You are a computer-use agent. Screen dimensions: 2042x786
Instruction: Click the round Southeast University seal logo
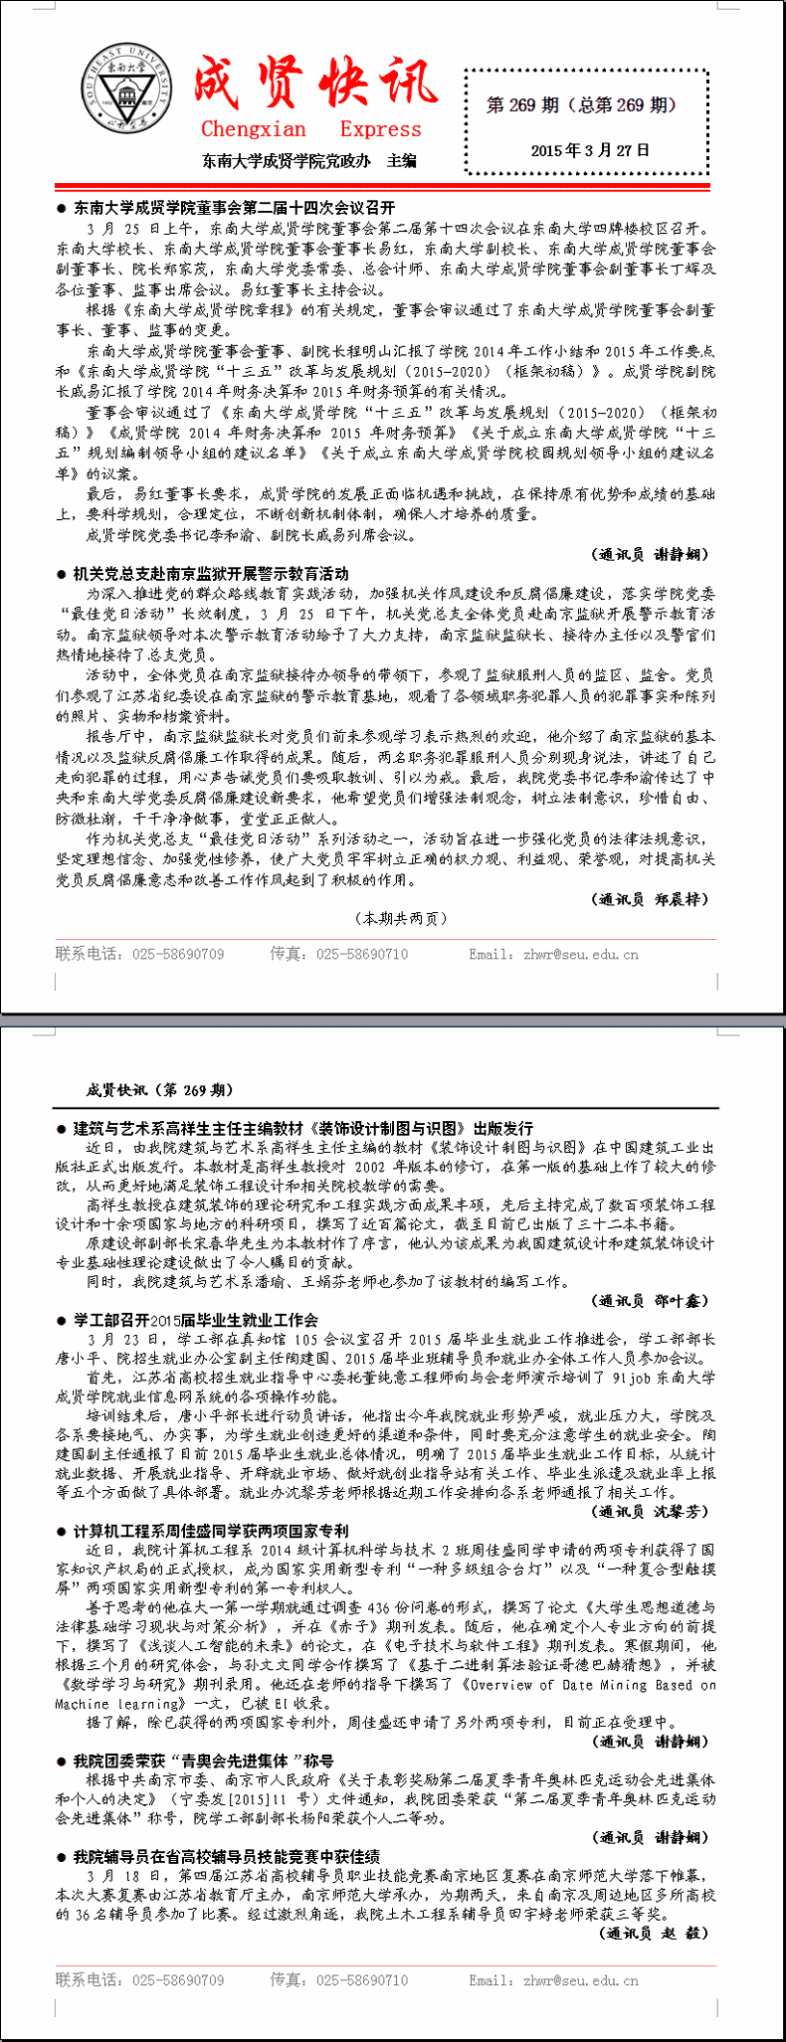tap(124, 92)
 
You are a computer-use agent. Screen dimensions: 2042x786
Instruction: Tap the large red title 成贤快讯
tap(314, 82)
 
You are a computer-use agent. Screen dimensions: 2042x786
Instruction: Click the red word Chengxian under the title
tap(254, 129)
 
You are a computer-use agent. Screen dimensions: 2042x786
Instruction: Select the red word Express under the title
tap(380, 129)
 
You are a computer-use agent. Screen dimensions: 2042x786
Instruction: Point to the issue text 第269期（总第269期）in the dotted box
tap(581, 104)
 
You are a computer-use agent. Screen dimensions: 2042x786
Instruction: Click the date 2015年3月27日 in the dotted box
tap(590, 150)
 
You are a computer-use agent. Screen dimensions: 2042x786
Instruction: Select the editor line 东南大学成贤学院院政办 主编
tap(309, 161)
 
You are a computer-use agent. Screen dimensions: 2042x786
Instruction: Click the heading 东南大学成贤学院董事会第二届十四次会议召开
tap(234, 208)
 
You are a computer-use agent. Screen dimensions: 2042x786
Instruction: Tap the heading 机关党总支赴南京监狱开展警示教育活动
tap(211, 573)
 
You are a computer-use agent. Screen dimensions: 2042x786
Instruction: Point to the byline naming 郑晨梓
tap(652, 899)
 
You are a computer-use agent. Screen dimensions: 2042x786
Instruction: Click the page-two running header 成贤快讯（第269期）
tap(160, 1089)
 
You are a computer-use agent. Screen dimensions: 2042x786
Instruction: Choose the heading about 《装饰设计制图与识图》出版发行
tap(303, 1128)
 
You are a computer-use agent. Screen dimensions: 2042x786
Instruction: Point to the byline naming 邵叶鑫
tap(652, 1300)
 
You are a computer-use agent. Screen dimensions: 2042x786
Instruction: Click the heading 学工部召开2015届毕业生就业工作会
tap(196, 1320)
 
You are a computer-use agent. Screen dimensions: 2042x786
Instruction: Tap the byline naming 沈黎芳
tap(652, 1511)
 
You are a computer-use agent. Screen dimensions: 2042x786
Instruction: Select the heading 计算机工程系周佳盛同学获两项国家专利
tap(211, 1531)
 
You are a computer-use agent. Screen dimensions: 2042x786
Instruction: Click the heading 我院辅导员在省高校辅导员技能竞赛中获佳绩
tap(226, 1856)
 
